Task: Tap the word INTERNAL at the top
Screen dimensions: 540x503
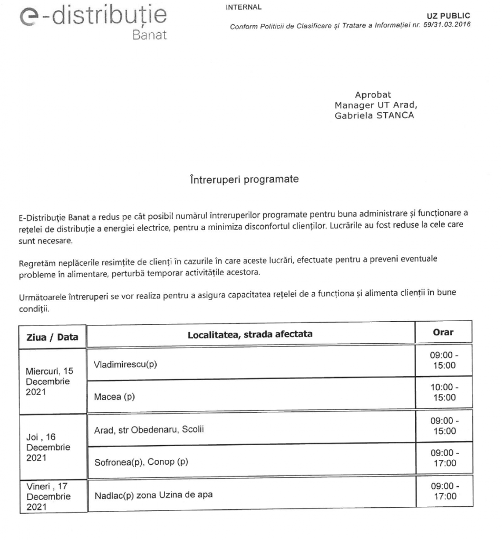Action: pyautogui.click(x=243, y=7)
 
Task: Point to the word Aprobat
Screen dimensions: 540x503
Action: pyautogui.click(x=373, y=95)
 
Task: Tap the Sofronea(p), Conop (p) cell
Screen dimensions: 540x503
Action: pyautogui.click(x=140, y=462)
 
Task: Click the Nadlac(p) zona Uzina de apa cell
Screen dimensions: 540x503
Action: pyautogui.click(x=154, y=495)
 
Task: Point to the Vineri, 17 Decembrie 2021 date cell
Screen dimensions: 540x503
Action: pyautogui.click(x=48, y=495)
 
